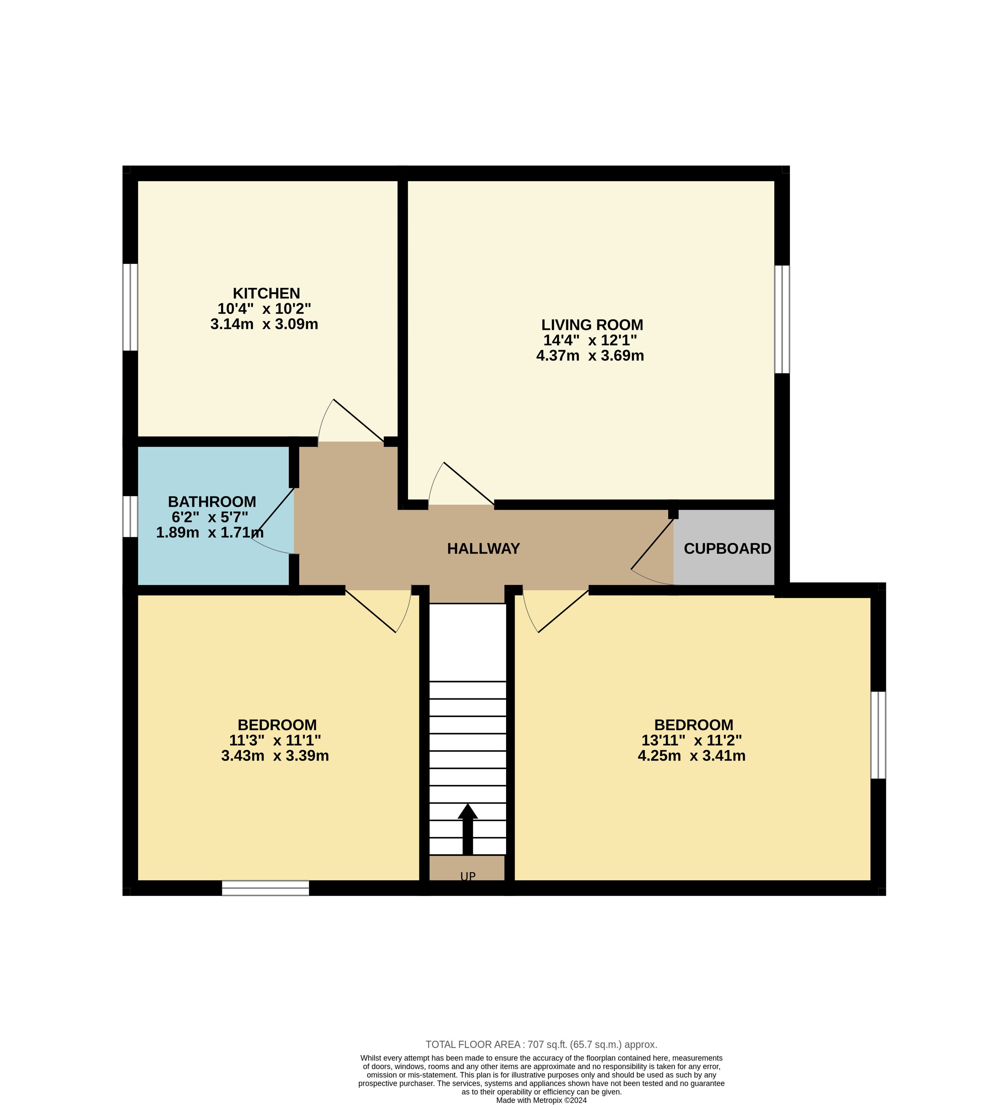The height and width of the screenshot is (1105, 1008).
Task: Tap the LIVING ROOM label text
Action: (592, 325)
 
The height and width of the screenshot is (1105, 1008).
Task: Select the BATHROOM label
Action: (212, 502)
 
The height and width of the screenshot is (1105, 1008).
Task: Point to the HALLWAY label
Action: (483, 549)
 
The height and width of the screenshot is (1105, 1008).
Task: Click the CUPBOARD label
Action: (728, 549)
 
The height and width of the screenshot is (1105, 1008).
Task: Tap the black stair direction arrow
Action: (467, 829)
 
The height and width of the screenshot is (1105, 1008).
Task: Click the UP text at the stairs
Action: (467, 876)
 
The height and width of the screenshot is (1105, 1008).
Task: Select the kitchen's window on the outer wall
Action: (130, 307)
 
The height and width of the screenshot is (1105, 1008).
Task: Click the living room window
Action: (782, 319)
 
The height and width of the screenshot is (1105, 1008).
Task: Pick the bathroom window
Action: (130, 516)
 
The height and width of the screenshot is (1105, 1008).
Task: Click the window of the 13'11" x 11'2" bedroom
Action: (878, 735)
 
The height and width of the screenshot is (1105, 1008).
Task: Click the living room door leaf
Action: (469, 483)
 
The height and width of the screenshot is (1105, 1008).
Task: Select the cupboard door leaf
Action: (652, 544)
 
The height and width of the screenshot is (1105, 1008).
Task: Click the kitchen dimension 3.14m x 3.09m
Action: (264, 324)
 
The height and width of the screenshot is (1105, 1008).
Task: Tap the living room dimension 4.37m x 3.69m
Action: (590, 356)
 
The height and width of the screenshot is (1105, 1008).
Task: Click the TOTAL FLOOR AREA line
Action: (541, 1045)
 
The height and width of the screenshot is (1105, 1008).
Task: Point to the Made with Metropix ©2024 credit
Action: (541, 1100)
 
